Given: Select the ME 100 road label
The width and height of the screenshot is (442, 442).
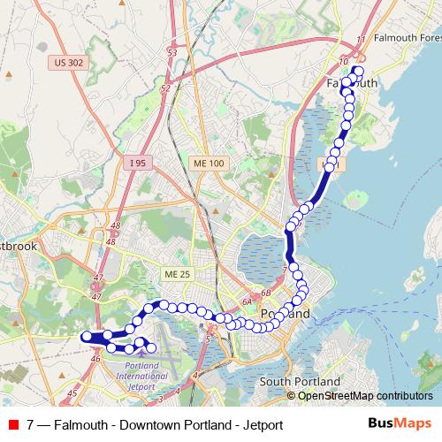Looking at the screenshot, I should coord(209,164).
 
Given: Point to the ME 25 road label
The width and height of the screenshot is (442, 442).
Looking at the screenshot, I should coord(178,275).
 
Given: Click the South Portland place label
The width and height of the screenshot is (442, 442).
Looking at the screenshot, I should coord(300,381).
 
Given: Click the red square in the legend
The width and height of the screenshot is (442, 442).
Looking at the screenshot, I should coord(11,425).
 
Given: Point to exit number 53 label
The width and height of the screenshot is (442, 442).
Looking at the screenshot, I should coord(172,53).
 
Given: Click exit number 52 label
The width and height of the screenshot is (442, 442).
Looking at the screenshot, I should coord(164,88).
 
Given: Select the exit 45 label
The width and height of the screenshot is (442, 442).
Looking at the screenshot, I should coord(72,392).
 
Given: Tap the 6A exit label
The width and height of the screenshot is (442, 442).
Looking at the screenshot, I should coord(248,303).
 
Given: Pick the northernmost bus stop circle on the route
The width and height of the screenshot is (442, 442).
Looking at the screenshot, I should coord(358,71).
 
